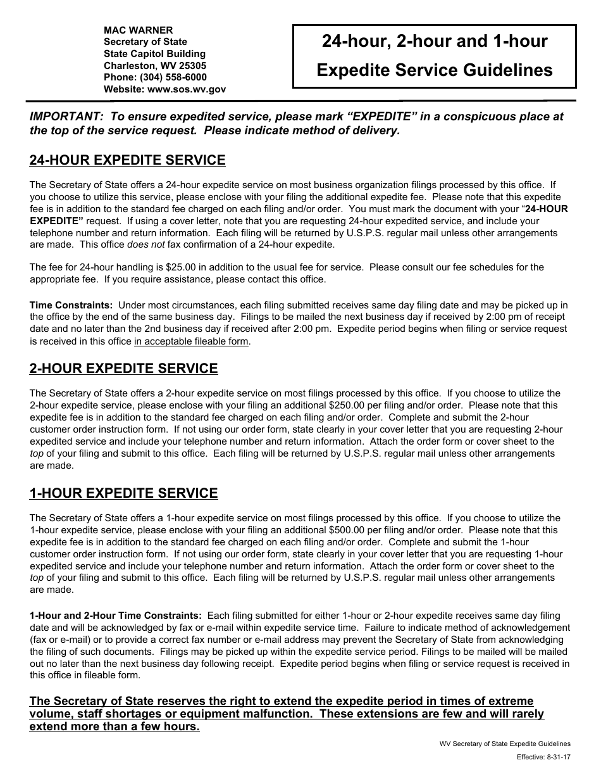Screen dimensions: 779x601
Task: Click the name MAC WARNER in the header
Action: [138, 30]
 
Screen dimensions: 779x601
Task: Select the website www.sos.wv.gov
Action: [186, 89]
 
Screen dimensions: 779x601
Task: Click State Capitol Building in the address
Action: [154, 54]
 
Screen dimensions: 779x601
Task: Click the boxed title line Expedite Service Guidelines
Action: [434, 70]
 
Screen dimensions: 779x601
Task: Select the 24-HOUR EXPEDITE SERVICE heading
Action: [127, 160]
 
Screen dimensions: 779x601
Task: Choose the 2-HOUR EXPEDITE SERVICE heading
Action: [123, 369]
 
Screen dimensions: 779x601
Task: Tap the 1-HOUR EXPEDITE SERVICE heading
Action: [123, 493]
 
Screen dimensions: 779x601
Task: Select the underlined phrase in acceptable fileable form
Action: [192, 342]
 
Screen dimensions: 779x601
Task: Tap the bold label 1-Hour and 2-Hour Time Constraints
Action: [116, 616]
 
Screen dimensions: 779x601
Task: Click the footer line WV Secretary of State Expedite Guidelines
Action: [505, 744]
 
